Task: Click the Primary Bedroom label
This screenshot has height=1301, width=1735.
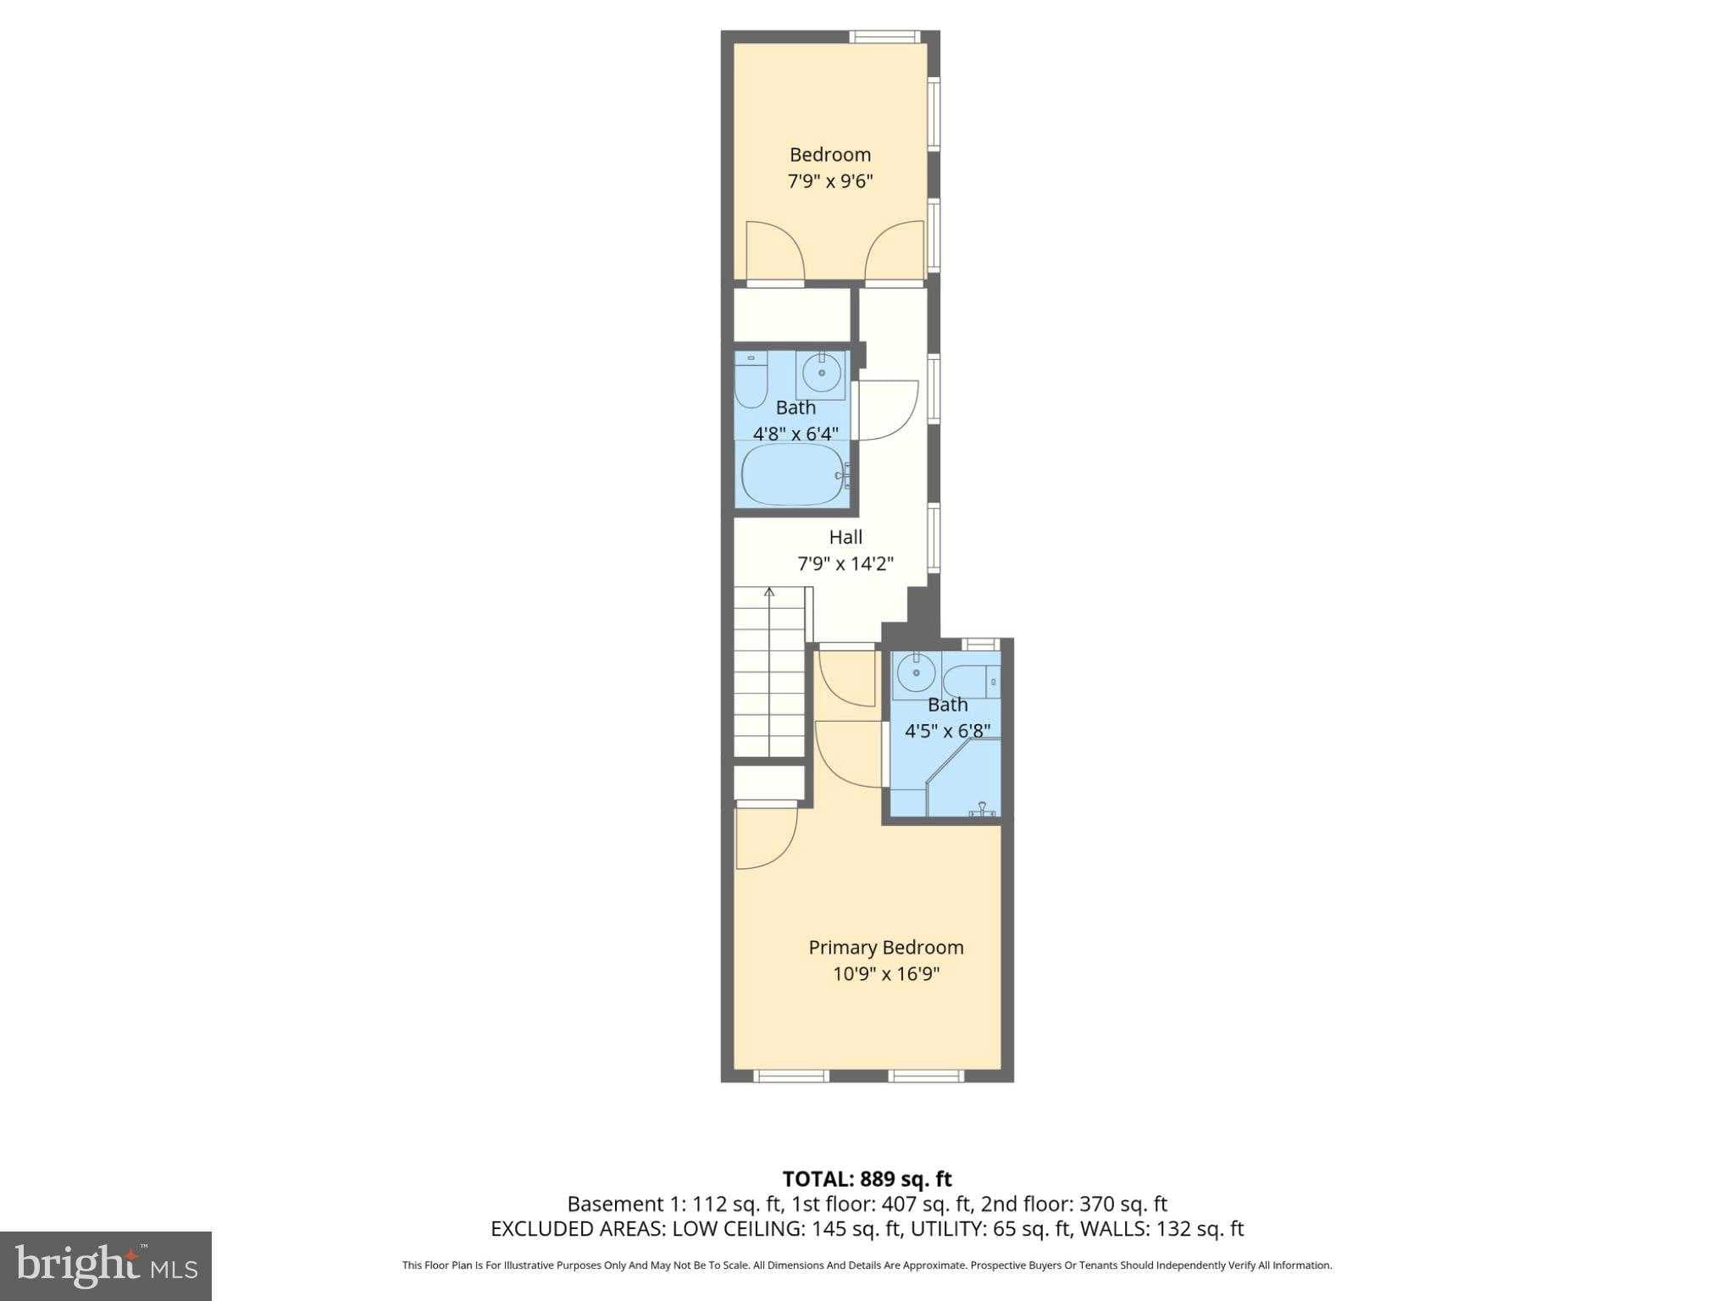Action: point(885,948)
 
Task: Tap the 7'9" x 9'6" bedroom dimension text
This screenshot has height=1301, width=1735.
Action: point(829,181)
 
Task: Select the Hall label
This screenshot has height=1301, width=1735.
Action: point(845,537)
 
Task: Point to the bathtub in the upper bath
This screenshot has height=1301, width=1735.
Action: point(793,476)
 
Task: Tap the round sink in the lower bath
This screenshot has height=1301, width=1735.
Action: point(916,674)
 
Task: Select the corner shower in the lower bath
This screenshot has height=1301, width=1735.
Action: point(966,779)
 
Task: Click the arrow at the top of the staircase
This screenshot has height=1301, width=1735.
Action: point(769,592)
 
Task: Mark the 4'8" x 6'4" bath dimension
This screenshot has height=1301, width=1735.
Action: point(795,434)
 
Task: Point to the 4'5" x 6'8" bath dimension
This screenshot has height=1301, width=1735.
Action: point(947,731)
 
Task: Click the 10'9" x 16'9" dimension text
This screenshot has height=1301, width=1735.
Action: point(886,974)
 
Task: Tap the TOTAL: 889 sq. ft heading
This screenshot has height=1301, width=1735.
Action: point(867,1179)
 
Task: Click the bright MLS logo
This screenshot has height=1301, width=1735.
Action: point(105,1265)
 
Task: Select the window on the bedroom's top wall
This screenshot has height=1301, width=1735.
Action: point(884,36)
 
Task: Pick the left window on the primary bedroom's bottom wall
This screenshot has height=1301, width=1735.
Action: point(790,1076)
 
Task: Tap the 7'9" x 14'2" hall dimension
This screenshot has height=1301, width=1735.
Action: point(845,563)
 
